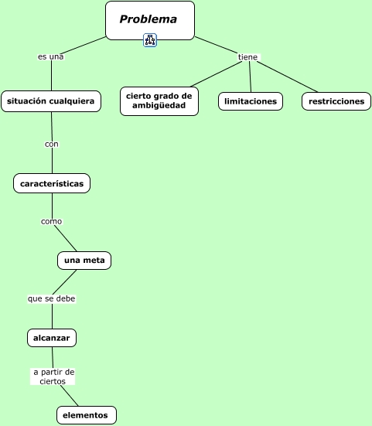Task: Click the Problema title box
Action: (150, 20)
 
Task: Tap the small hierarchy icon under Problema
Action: (150, 40)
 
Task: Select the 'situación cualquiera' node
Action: (51, 101)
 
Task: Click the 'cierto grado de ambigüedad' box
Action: (159, 101)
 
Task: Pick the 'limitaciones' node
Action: (251, 101)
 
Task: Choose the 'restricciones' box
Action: (336, 101)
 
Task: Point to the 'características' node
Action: (52, 183)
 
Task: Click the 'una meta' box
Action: (84, 261)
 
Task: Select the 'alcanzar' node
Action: (52, 338)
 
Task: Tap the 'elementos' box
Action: (87, 415)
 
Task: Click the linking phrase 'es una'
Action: (51, 56)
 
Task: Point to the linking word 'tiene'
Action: (247, 57)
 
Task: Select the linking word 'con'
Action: (52, 144)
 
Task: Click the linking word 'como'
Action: (51, 221)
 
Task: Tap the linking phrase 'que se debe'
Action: (52, 298)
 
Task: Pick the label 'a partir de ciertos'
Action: (53, 377)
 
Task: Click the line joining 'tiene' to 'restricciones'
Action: (288, 77)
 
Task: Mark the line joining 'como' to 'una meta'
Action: (66, 238)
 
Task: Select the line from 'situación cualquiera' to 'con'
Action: (52, 126)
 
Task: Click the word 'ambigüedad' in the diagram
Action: (159, 106)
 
